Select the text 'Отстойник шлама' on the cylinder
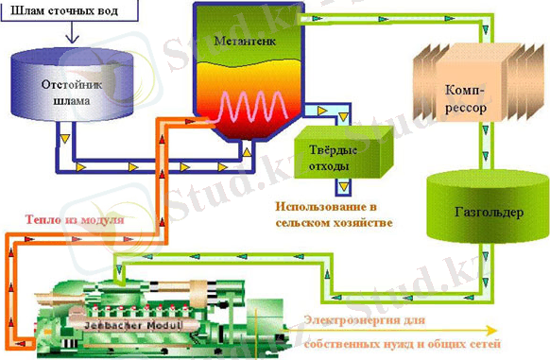70,89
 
